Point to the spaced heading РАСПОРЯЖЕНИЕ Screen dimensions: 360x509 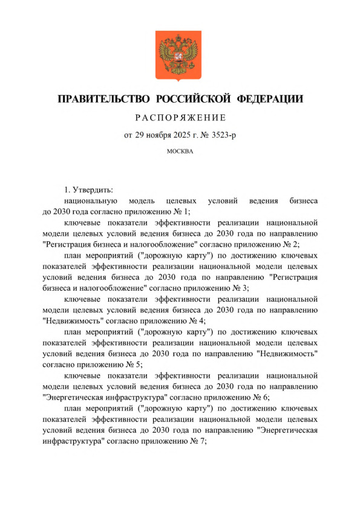tap(180, 117)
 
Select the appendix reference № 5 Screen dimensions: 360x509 tap(130, 365)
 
